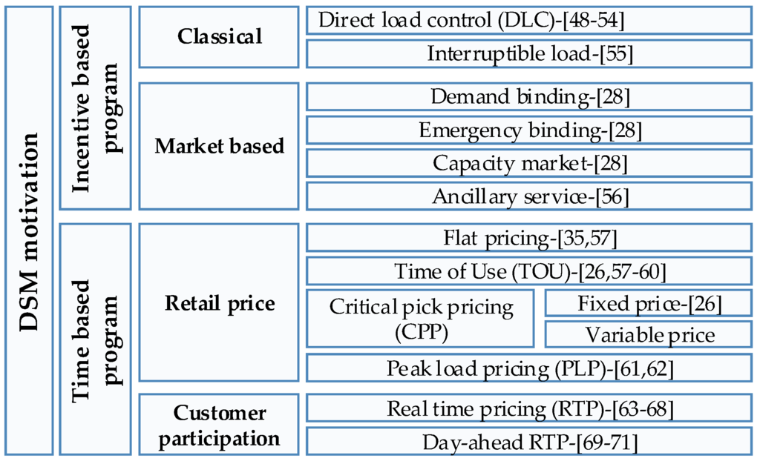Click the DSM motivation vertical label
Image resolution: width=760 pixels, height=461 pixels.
coord(29,230)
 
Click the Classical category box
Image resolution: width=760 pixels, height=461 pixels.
coord(220,37)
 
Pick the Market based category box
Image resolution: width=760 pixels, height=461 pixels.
coord(220,146)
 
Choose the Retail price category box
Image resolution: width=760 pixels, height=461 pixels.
coord(220,303)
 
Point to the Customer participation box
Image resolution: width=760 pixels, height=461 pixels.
coord(220,425)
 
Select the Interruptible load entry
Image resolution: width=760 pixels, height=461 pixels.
coord(529,53)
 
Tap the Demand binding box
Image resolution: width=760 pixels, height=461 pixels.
coord(529,96)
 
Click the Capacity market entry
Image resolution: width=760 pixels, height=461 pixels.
coord(529,162)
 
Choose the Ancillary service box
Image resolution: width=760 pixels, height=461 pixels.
coord(529,196)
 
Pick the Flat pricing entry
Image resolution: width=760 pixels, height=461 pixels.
coord(529,238)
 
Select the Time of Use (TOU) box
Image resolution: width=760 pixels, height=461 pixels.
coord(529,271)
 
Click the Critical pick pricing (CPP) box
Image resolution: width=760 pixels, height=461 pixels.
coord(421,319)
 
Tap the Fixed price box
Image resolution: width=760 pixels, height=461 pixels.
coord(649,303)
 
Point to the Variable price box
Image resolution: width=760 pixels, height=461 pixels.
coord(649,335)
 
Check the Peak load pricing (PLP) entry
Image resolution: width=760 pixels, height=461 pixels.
coord(529,368)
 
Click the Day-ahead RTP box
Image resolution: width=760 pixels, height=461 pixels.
coord(529,442)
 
